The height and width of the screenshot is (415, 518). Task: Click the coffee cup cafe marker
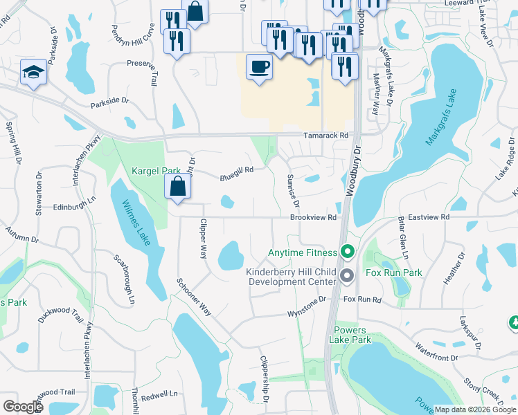coord(259,68)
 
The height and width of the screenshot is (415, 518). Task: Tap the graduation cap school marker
coord(33,73)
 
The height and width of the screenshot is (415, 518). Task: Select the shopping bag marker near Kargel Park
coord(178,186)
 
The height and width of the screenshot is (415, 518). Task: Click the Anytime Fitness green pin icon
coord(348,253)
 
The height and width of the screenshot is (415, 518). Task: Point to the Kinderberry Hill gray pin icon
coord(348,277)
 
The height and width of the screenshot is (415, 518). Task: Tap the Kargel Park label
coord(156,170)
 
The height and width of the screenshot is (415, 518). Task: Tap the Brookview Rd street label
coord(313,217)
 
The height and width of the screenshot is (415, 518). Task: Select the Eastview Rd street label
coord(429,217)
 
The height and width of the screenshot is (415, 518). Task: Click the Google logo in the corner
coord(23,407)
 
